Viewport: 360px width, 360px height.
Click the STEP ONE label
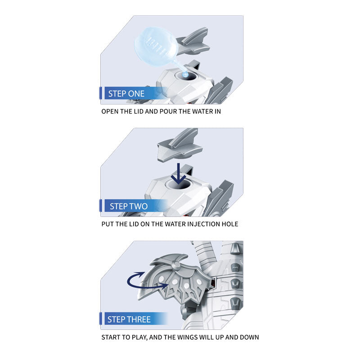(x=126, y=94)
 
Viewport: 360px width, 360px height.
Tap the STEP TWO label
(x=129, y=206)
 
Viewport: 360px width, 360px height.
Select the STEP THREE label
(x=129, y=319)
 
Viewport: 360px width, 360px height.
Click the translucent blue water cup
(x=156, y=47)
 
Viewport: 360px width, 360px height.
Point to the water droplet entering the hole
(x=184, y=74)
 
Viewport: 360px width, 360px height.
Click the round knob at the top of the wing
(x=176, y=266)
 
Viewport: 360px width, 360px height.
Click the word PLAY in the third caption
(x=140, y=337)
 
